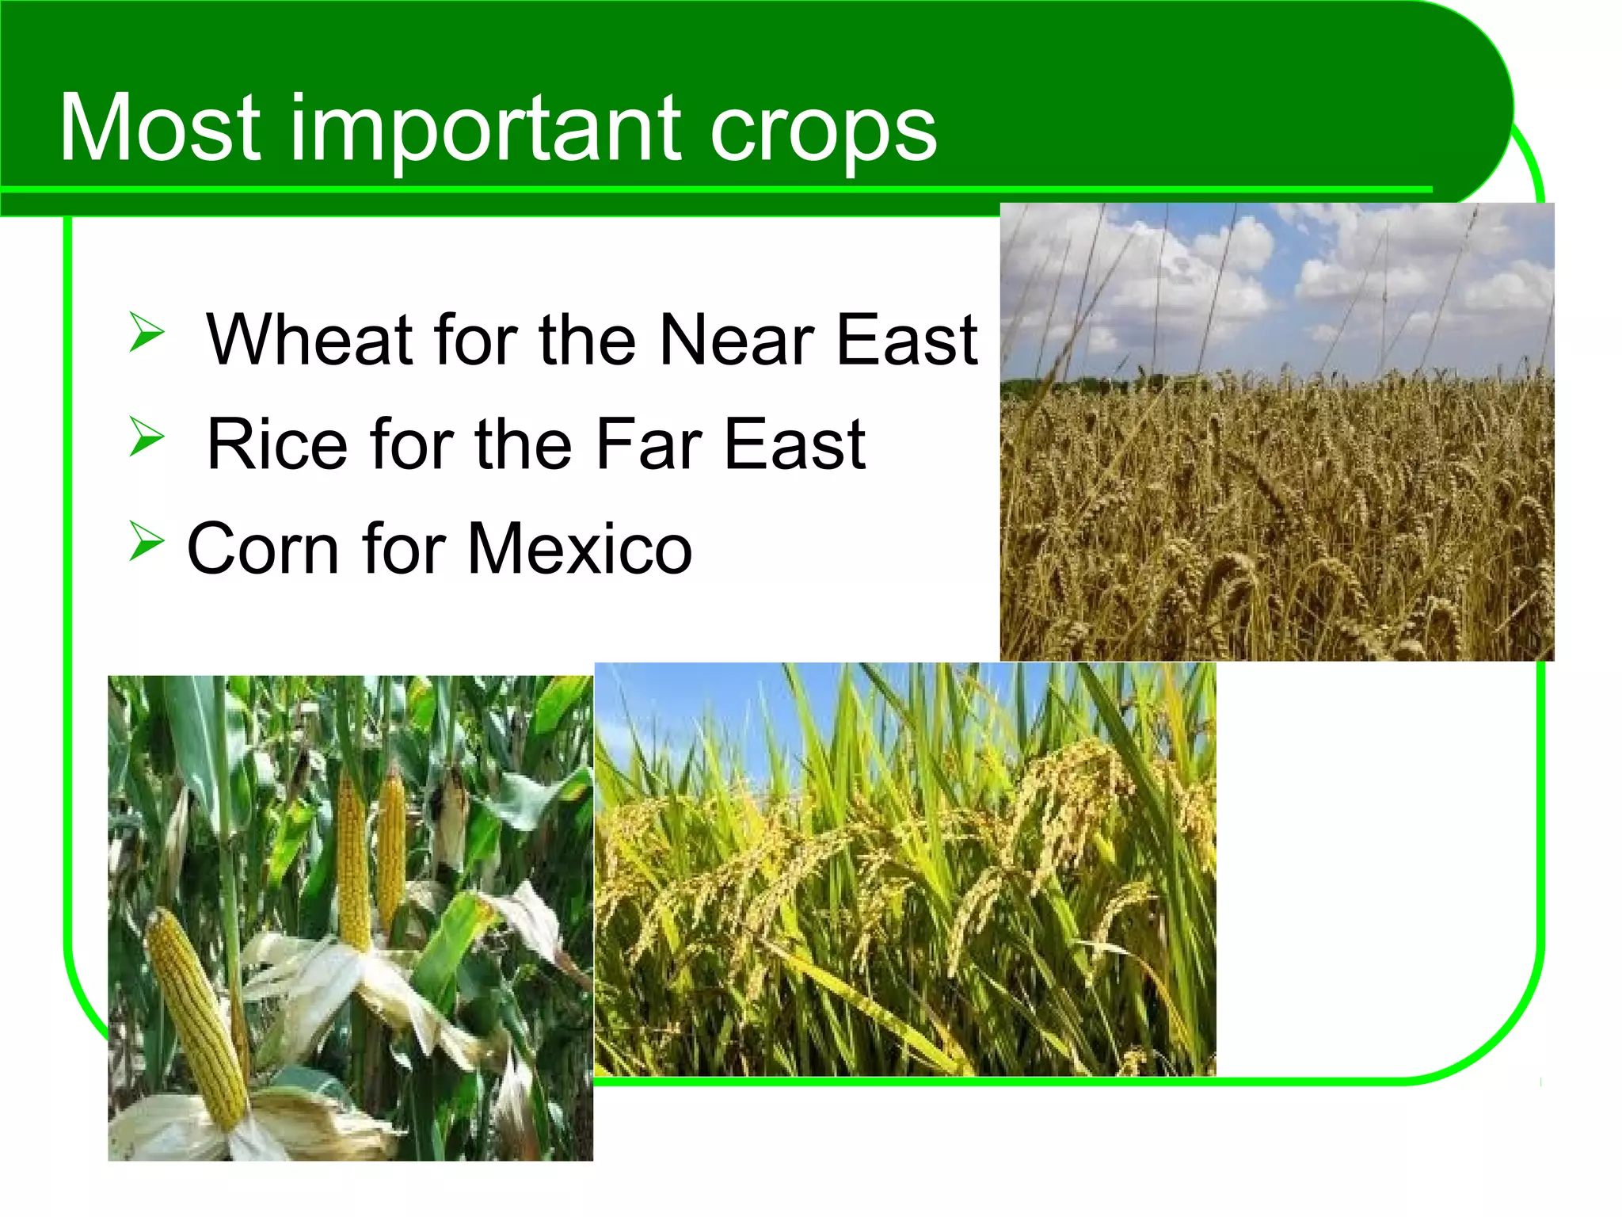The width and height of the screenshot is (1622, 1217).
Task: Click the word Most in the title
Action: [159, 128]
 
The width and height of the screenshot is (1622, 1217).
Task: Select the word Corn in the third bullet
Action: [262, 548]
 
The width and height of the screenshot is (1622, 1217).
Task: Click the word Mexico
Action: [579, 548]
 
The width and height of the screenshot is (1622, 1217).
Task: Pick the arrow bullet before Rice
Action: [147, 437]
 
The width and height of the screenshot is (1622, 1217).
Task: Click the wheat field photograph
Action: [1277, 432]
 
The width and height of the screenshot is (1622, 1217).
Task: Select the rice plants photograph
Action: [904, 869]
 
